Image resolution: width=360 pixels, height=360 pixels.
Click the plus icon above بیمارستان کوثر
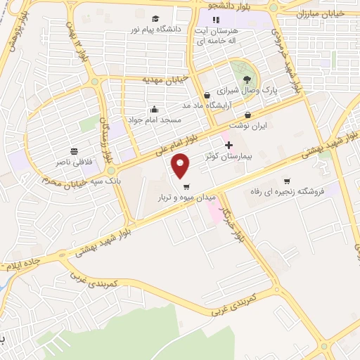click(228, 144)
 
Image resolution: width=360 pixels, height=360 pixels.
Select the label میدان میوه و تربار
click(187, 198)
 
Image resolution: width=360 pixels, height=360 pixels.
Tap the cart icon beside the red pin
click(186, 187)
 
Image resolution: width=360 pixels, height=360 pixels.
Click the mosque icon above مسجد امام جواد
click(155, 110)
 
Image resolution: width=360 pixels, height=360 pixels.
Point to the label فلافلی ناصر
click(74, 162)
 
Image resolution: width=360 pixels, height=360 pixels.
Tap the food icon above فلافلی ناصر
click(74, 151)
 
